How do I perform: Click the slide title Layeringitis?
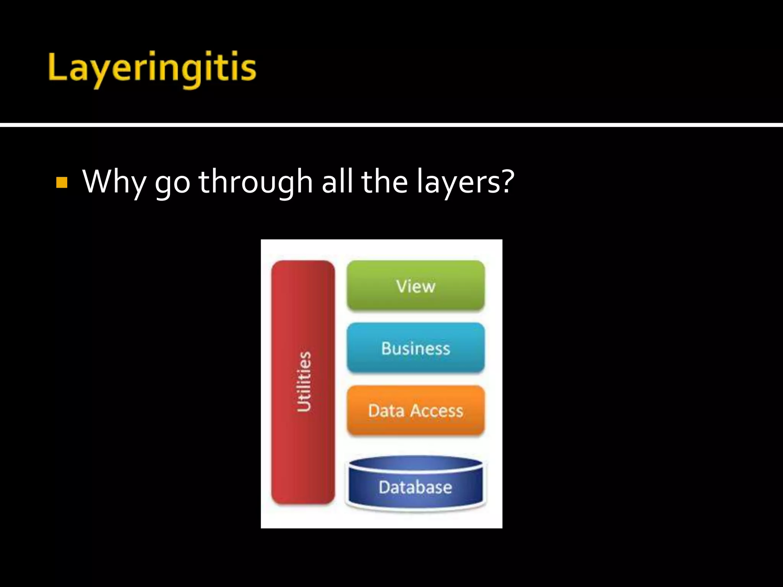tap(152, 69)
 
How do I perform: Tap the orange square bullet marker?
tap(62, 182)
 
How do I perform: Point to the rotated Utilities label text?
tap(304, 382)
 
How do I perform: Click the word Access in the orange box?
tap(437, 411)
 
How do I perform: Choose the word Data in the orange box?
tap(386, 411)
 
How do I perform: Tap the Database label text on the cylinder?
tap(416, 487)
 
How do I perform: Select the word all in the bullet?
tap(336, 181)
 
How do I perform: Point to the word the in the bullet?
tap(384, 181)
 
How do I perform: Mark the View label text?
tap(416, 286)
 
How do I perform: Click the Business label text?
tap(416, 349)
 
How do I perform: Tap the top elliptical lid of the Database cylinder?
tap(416, 463)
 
